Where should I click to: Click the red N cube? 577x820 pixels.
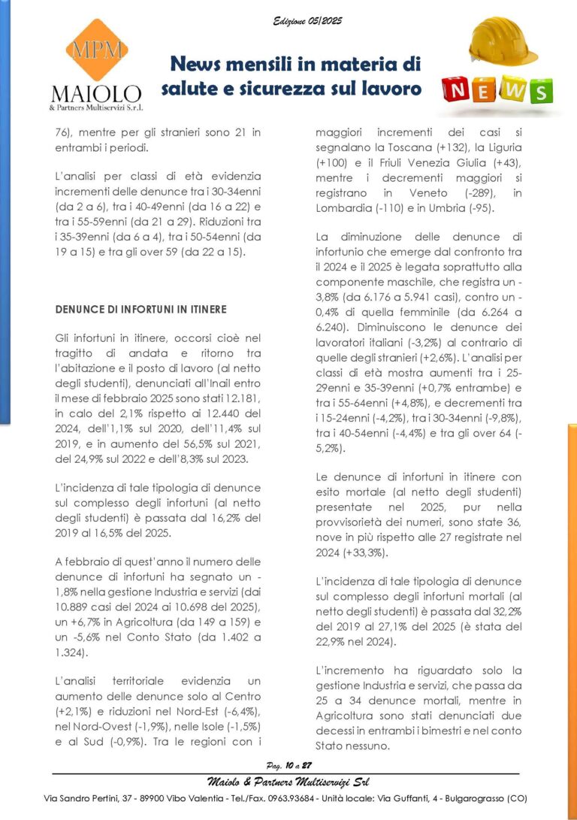[x=458, y=91]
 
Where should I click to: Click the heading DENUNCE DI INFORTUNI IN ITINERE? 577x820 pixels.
[x=141, y=310]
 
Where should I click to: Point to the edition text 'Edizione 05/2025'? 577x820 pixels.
[x=307, y=21]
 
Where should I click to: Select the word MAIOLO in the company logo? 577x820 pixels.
[x=95, y=94]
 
